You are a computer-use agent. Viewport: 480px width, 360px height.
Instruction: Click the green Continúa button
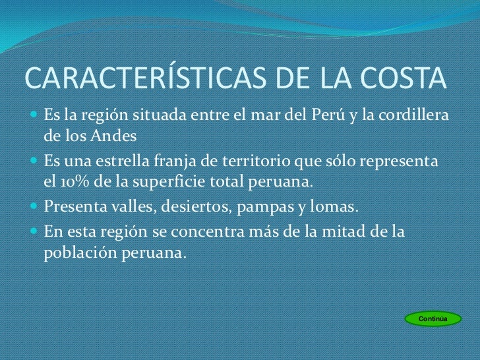433,319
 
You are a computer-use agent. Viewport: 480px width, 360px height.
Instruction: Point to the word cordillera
417,117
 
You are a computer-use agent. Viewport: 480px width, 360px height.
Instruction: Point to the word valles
125,208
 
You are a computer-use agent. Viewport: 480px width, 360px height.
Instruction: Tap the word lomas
334,208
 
